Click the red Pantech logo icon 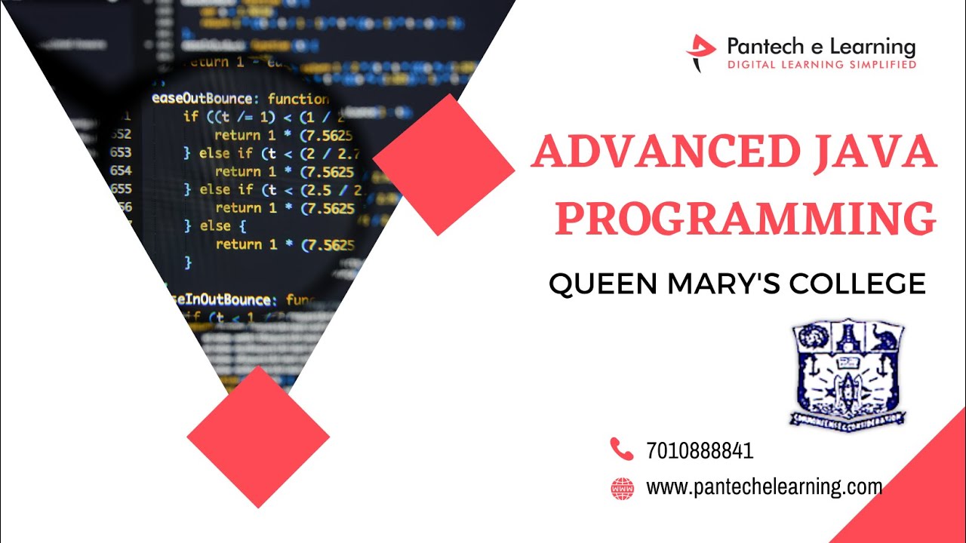(700, 52)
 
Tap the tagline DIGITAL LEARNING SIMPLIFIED (821, 66)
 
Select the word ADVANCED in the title (664, 153)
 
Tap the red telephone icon (621, 449)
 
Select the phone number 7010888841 (700, 451)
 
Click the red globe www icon (621, 488)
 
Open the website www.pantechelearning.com (764, 487)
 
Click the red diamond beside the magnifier (444, 164)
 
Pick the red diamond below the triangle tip (258, 437)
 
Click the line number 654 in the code (121, 171)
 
